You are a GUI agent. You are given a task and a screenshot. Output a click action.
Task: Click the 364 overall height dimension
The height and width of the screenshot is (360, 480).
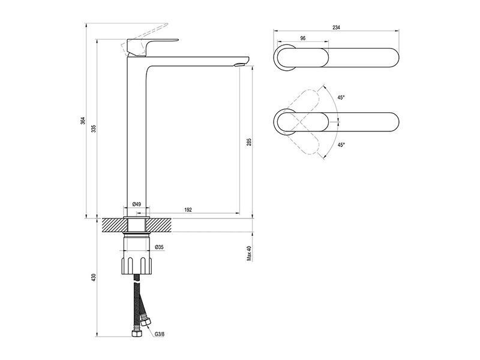click(x=82, y=121)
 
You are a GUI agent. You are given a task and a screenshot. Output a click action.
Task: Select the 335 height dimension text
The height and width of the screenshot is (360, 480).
click(x=94, y=128)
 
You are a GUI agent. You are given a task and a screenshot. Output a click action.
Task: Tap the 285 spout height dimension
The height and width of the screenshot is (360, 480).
click(x=249, y=142)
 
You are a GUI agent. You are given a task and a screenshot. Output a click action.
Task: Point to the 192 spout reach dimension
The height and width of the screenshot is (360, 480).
click(x=188, y=209)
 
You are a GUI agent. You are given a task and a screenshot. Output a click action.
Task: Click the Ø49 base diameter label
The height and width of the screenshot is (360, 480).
click(x=137, y=204)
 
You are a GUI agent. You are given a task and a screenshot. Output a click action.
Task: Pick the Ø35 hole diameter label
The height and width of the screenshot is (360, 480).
click(x=159, y=247)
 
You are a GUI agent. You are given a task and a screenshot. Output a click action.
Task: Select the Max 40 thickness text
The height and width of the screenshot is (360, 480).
click(x=249, y=253)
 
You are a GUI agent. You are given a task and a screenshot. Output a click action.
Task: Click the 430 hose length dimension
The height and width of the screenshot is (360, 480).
click(x=94, y=277)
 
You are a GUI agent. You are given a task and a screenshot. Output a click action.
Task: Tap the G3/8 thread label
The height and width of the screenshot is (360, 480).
click(x=160, y=334)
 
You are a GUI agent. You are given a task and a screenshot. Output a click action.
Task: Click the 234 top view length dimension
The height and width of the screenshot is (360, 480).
click(x=336, y=27)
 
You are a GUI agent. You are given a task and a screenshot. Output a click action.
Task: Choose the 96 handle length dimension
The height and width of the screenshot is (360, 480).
click(x=303, y=38)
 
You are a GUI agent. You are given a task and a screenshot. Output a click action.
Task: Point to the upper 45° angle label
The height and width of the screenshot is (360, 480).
click(x=341, y=97)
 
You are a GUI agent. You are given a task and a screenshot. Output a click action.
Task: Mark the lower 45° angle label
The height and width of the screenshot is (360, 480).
click(x=341, y=145)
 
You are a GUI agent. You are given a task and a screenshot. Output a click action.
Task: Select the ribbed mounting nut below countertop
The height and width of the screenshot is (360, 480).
click(x=137, y=265)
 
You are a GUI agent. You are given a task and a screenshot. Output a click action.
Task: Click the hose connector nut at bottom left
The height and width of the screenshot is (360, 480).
click(x=136, y=333)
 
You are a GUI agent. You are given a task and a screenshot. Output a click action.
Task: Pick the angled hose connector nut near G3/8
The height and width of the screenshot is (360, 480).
click(x=145, y=322)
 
